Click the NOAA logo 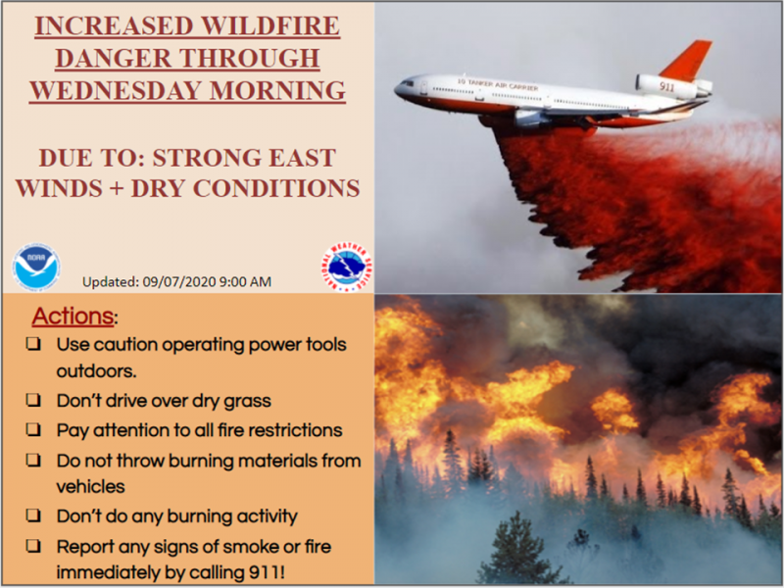pos(36,268)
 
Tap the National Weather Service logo pos(347,267)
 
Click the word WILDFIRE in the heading pos(270,26)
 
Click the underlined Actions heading pos(73,316)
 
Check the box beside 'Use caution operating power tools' pos(33,344)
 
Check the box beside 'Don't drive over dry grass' pos(33,400)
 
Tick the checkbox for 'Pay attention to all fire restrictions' pos(33,429)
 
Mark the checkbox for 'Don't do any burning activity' pos(33,515)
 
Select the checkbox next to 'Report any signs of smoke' pos(33,546)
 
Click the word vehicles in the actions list pos(90,486)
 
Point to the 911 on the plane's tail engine pos(666,86)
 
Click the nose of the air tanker pos(398,90)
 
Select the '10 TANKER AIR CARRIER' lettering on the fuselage pos(498,84)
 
